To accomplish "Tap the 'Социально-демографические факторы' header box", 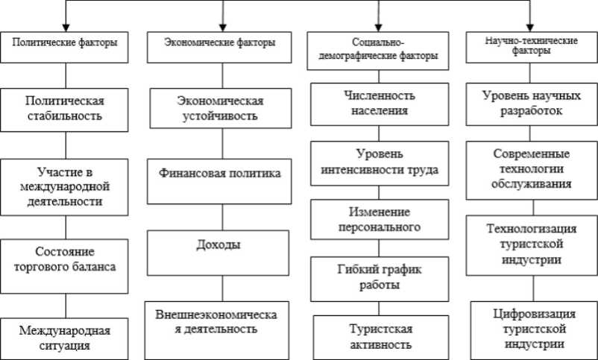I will [x=379, y=50].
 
